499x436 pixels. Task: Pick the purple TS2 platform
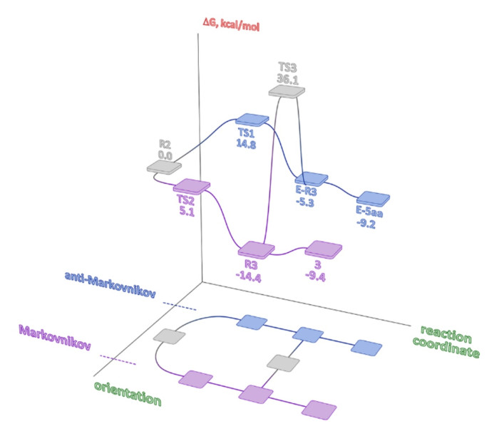(x=192, y=186)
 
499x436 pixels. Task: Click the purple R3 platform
(x=256, y=249)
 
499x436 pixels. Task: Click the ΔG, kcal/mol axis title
(x=230, y=27)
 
